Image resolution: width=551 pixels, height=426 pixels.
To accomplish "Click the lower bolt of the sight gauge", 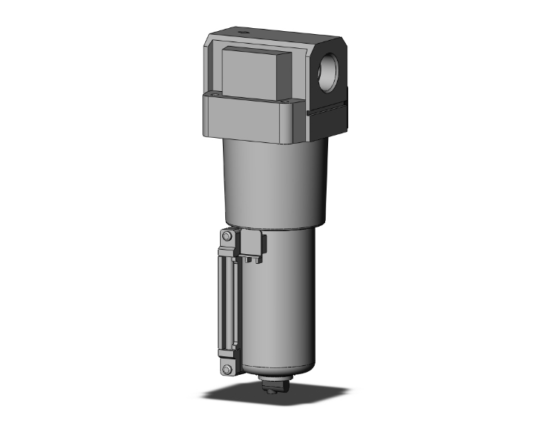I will (x=227, y=367).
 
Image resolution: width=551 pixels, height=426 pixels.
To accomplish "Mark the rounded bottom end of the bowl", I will (x=278, y=367).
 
